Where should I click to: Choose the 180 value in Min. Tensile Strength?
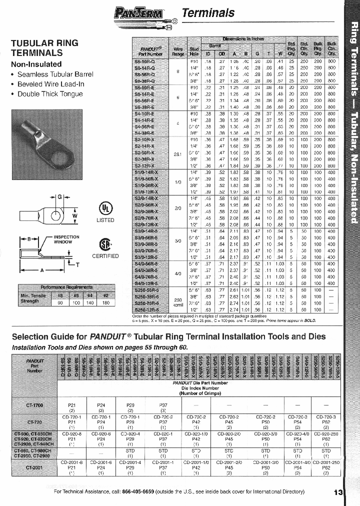105,303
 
